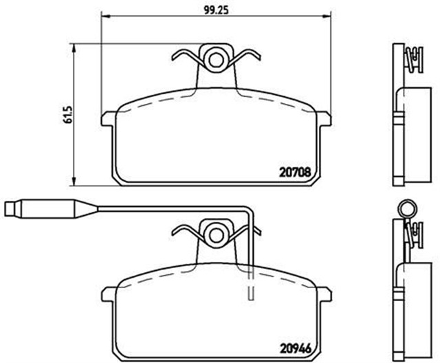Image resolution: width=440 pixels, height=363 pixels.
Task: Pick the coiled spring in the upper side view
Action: click(x=412, y=58)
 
